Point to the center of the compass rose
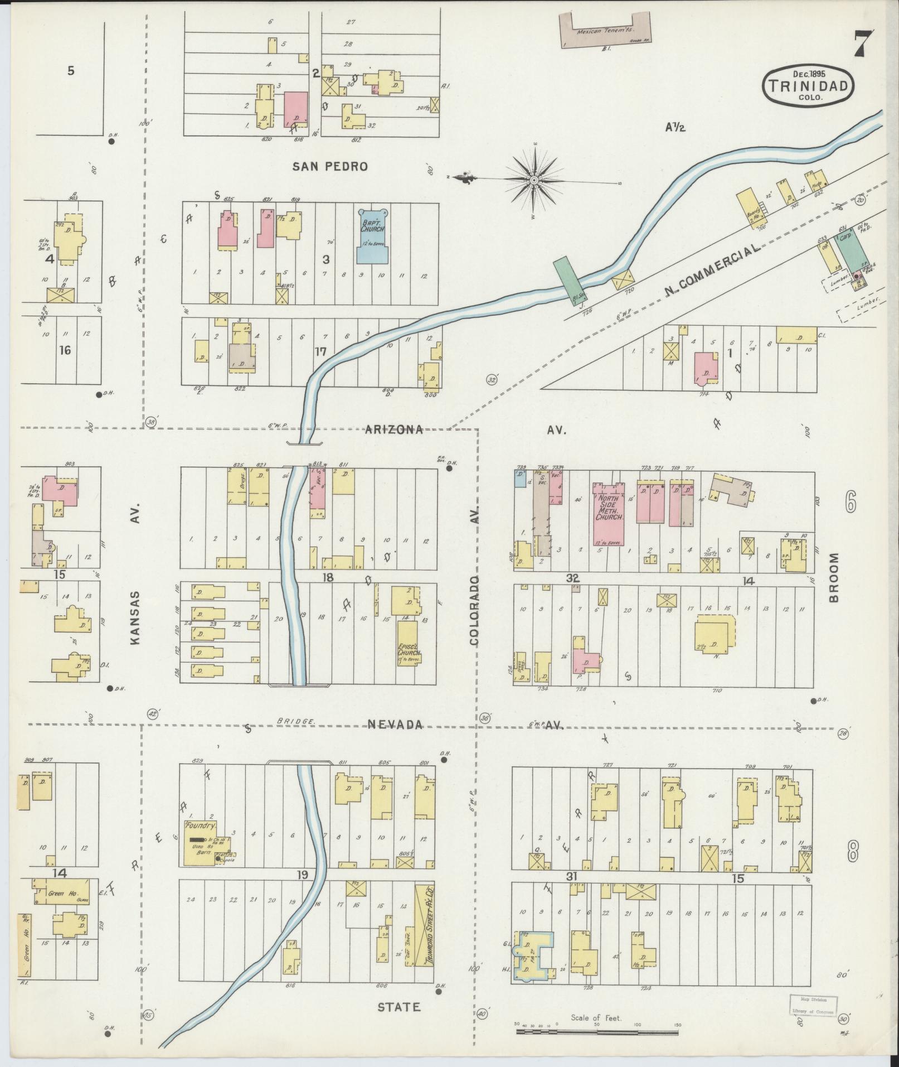533,180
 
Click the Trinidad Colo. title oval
809,86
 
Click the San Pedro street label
331,166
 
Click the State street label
399,1007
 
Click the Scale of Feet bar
597,1032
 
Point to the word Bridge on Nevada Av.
296,721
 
